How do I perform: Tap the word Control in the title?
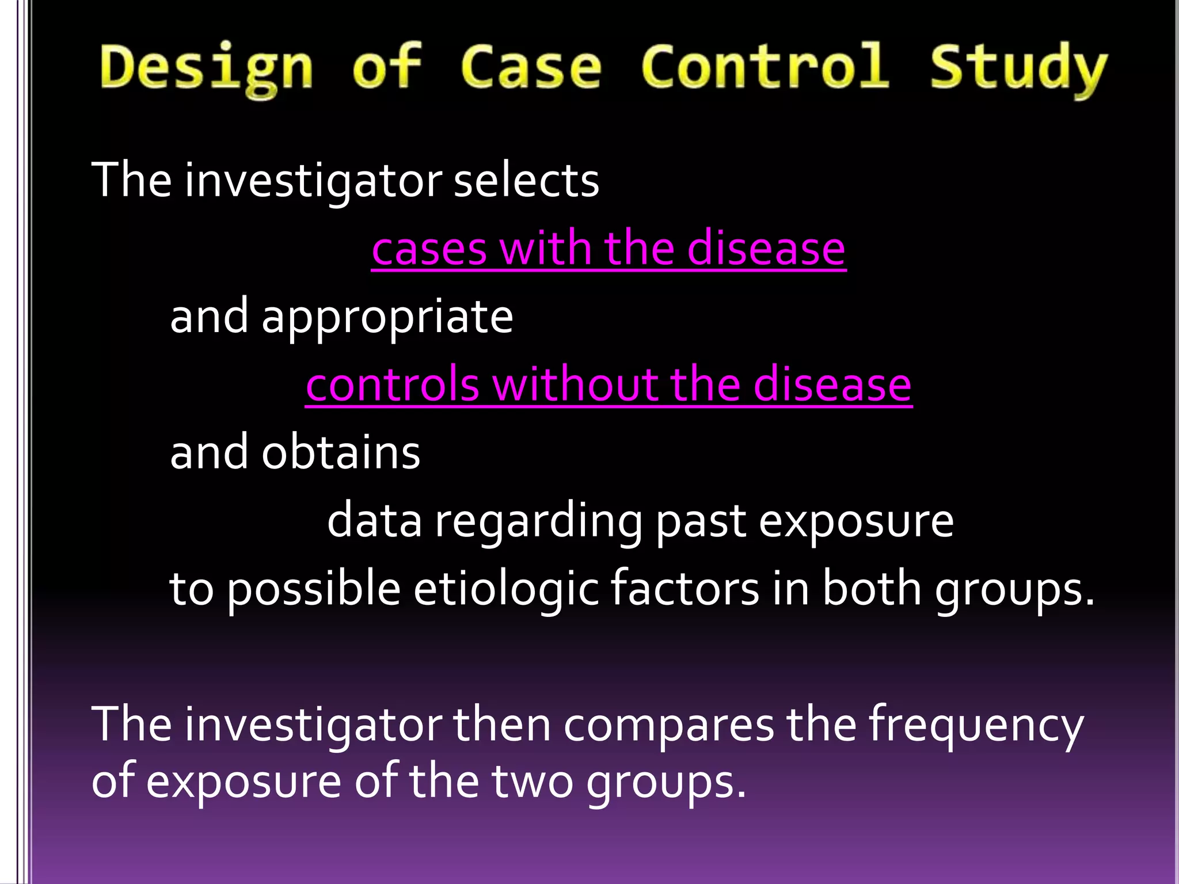click(766, 67)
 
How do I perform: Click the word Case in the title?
click(531, 68)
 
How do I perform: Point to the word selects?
click(526, 181)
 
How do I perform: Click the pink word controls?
click(393, 384)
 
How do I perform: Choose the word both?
click(872, 588)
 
